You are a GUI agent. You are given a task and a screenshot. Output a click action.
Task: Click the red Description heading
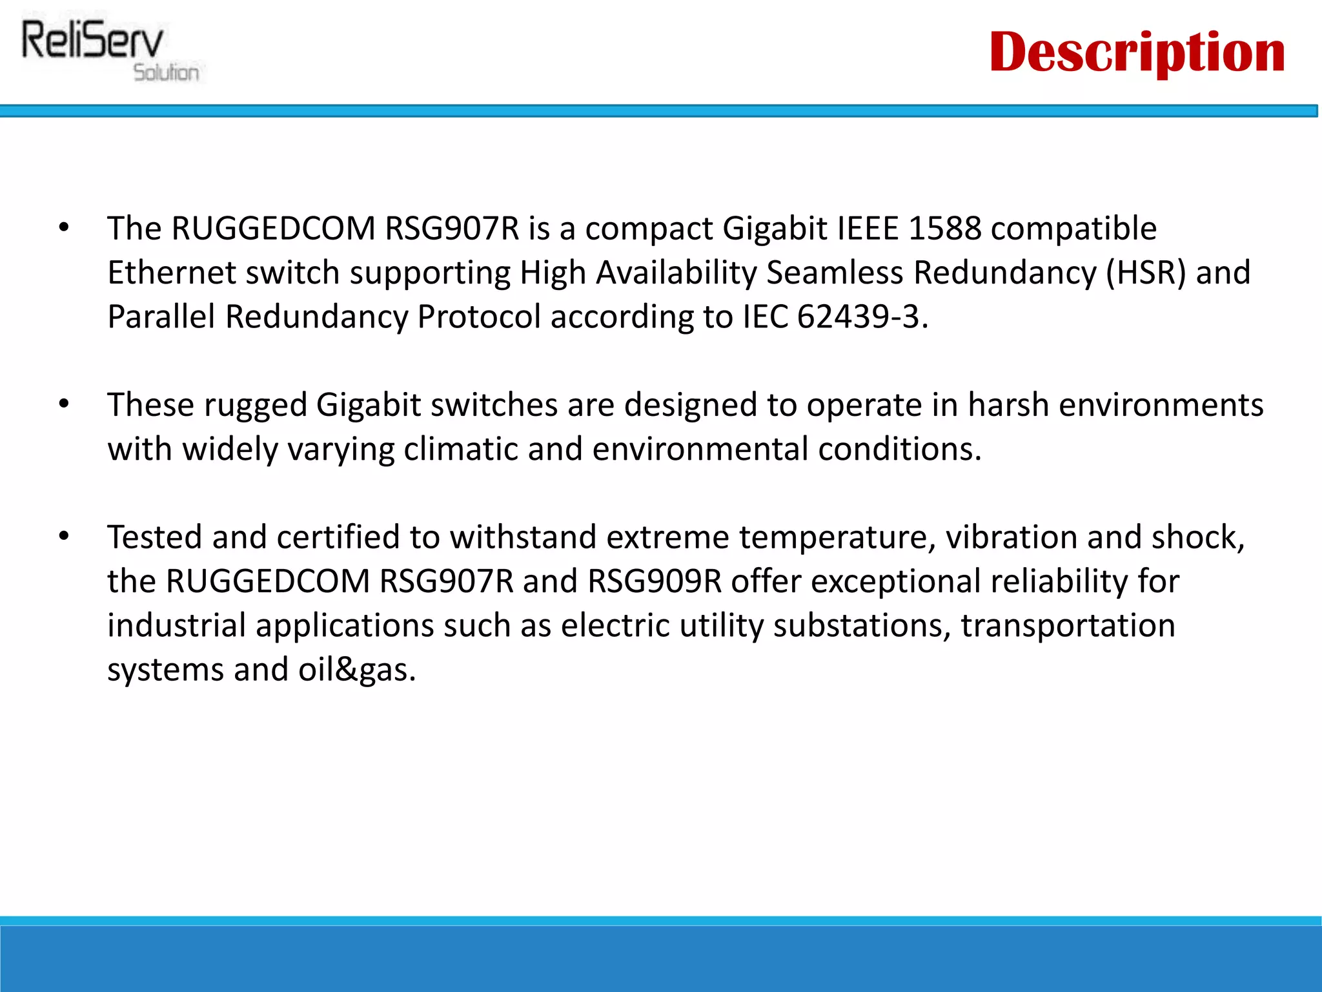click(1137, 53)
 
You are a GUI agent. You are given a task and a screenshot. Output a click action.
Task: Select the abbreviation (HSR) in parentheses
click(1146, 273)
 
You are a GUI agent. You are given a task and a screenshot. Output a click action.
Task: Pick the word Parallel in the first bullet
click(161, 316)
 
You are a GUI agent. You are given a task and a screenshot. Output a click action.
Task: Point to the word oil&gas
click(356, 670)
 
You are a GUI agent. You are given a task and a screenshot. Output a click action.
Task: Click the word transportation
click(1068, 625)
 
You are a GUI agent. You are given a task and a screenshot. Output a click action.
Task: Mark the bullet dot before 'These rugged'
click(63, 404)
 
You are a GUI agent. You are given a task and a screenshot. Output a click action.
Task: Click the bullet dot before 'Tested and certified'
click(63, 537)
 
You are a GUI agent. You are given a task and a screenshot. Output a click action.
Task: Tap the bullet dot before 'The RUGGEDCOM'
click(63, 228)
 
